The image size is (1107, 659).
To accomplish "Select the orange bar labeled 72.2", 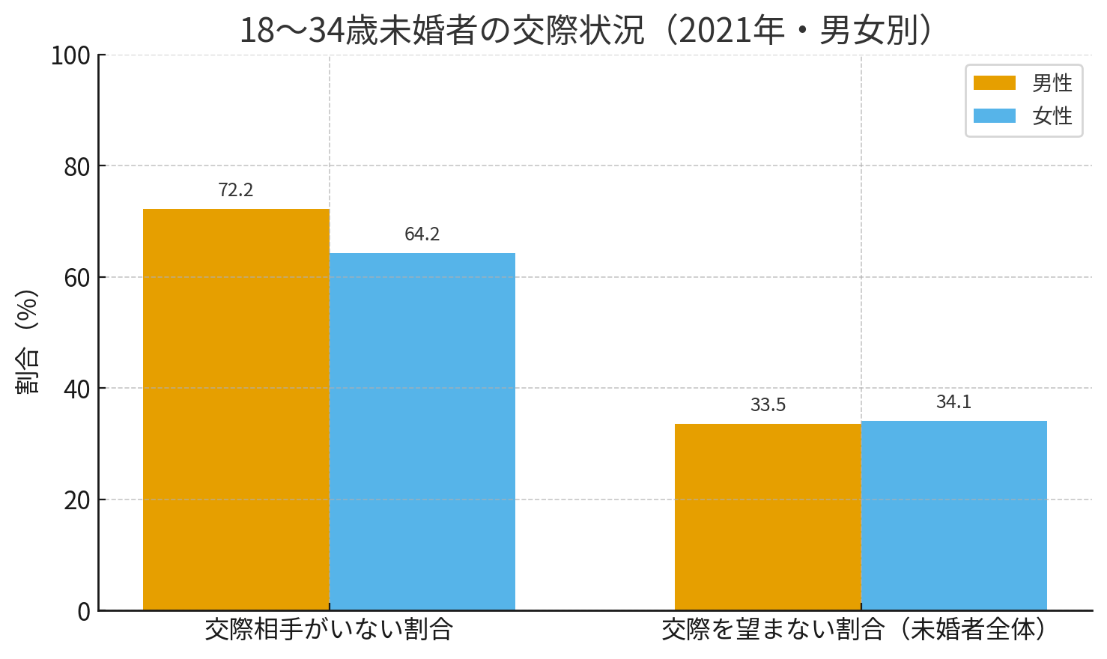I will (236, 410).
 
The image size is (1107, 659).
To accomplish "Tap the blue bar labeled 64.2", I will (422, 431).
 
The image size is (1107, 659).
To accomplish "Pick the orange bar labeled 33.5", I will (768, 517).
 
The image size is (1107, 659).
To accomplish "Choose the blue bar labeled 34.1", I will (953, 515).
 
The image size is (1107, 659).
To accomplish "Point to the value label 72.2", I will (236, 190).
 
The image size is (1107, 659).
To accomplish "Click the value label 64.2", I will (422, 234).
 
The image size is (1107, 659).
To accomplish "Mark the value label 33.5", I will (768, 405).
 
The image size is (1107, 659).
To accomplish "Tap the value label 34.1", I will (953, 402).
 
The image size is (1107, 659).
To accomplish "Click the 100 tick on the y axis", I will (70, 55).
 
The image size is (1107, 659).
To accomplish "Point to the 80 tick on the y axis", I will (77, 167).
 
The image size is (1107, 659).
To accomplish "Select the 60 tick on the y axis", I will (77, 278).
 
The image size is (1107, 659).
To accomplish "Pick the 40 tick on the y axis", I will (77, 389).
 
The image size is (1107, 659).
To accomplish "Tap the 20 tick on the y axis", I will (77, 500).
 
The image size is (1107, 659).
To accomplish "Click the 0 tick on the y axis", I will (84, 612).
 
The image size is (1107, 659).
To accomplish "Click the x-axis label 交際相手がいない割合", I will (329, 630).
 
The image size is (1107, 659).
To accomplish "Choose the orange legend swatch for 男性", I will (994, 83).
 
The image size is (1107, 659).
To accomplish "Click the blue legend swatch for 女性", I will (994, 116).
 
